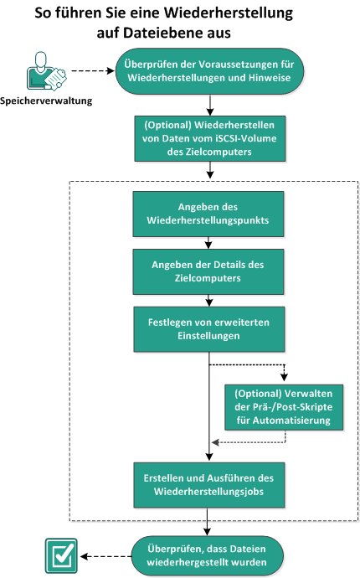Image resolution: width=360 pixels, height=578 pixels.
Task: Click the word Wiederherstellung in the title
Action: click(249, 14)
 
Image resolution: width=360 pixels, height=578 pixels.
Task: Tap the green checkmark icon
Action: click(60, 555)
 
